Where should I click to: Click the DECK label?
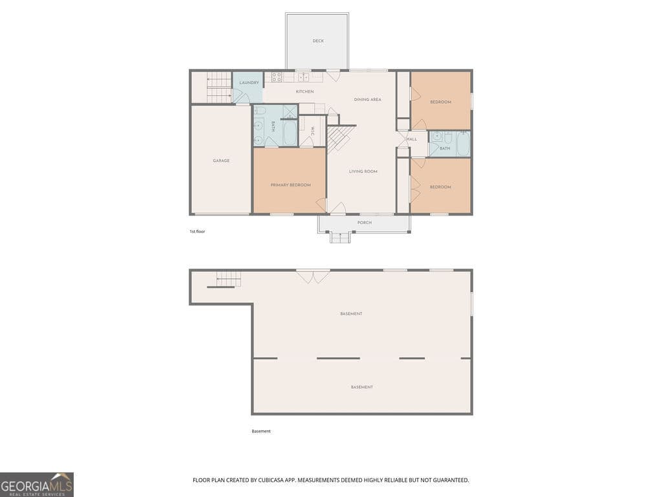(318, 41)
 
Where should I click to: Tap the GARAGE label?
(221, 160)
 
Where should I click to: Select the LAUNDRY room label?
(249, 83)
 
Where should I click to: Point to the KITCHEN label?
(304, 91)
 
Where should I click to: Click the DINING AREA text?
(367, 100)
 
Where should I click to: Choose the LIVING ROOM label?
(363, 171)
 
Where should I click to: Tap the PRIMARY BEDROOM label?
(290, 185)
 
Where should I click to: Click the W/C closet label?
(312, 130)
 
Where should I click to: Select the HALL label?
(411, 139)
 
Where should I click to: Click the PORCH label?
(365, 223)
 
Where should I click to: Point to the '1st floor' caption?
(197, 231)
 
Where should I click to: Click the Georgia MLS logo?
(37, 484)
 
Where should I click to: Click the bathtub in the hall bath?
(463, 144)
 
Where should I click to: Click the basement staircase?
(228, 280)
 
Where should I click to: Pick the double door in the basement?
(313, 276)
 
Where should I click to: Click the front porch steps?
(340, 237)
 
